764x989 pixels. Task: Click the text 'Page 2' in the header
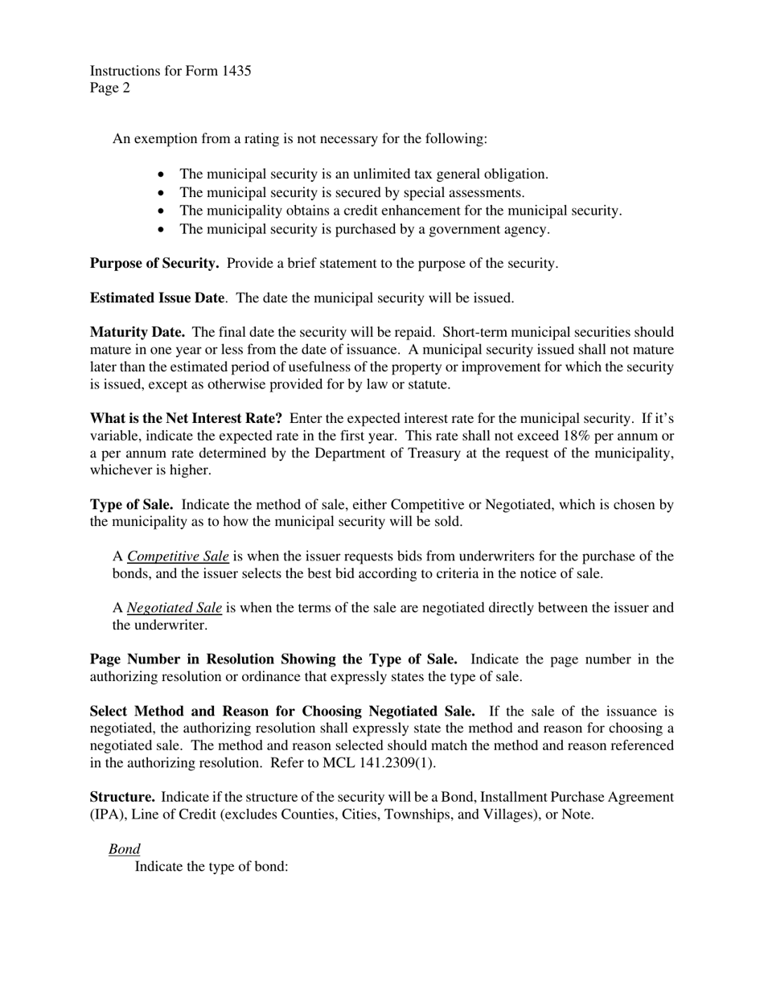110,88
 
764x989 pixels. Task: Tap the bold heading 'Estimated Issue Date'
157,298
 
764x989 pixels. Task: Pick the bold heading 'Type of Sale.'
132,505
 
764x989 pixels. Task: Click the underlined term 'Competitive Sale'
178,556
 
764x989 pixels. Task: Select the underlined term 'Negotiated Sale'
175,608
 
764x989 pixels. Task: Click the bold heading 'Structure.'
122,797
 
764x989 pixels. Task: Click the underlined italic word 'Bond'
125,849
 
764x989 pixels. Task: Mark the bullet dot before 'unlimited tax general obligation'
162,174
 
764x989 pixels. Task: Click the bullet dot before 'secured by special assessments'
162,193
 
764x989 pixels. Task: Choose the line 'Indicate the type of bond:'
212,867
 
